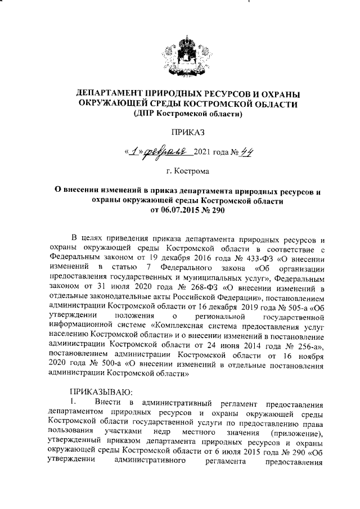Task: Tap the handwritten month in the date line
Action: (168, 152)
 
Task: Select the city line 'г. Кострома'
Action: (188, 170)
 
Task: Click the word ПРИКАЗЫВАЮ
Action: (100, 391)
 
